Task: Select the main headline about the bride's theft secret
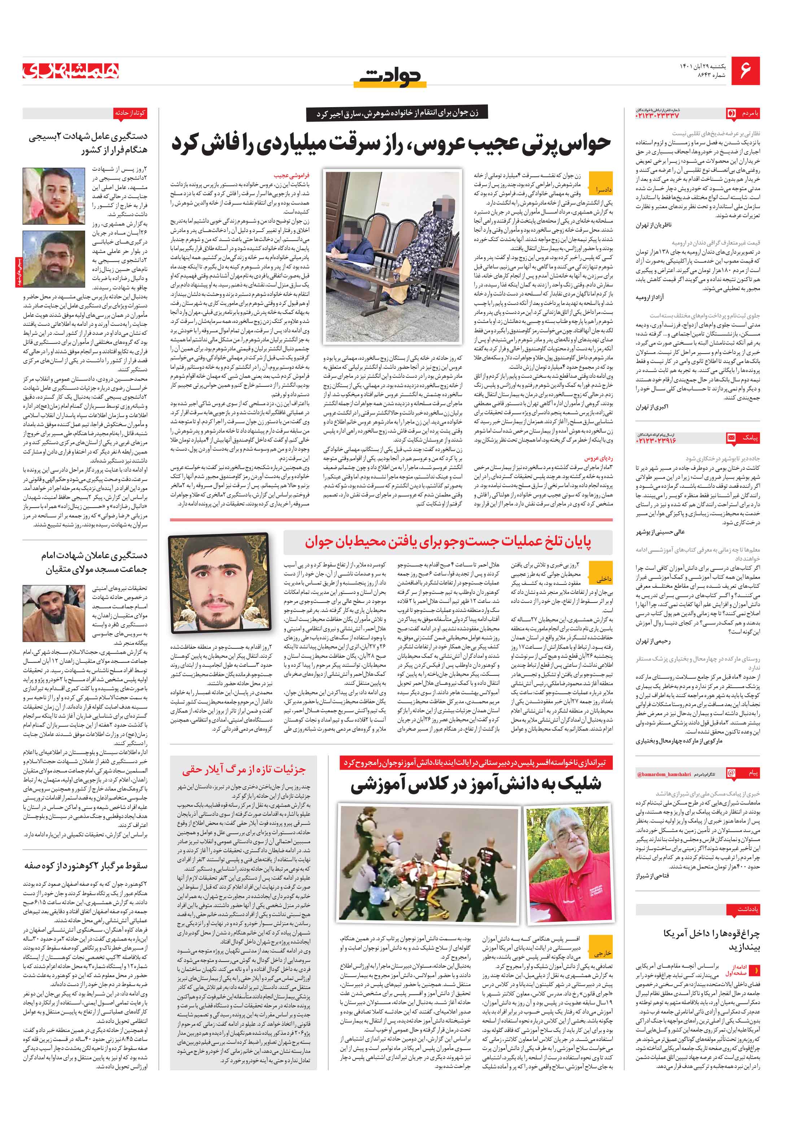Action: pyautogui.click(x=391, y=143)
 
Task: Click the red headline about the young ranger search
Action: pyautogui.click(x=448, y=542)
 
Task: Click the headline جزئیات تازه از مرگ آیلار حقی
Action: pyautogui.click(x=244, y=769)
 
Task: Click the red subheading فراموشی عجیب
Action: pyautogui.click(x=292, y=175)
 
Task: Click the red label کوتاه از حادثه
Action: pyautogui.click(x=130, y=113)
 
